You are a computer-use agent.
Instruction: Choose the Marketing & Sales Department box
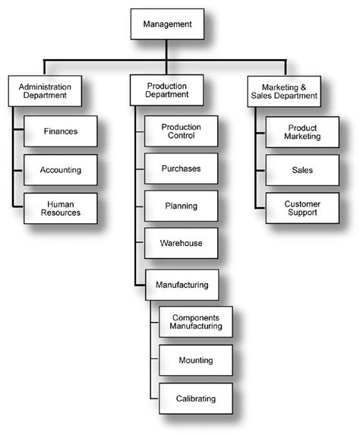click(x=284, y=92)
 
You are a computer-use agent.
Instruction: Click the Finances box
click(x=62, y=131)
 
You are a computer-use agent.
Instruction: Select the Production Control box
click(x=181, y=131)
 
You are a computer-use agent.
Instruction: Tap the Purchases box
click(x=181, y=169)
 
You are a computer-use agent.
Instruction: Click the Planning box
click(x=181, y=206)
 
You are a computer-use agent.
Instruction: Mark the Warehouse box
click(x=181, y=243)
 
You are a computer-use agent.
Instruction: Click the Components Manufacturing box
click(x=197, y=322)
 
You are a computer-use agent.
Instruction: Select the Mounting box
click(x=197, y=361)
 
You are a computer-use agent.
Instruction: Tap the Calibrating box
click(x=197, y=399)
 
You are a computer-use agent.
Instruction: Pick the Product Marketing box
click(x=303, y=131)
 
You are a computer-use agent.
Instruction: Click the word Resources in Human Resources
click(x=62, y=213)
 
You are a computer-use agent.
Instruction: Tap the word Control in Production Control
click(x=181, y=137)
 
